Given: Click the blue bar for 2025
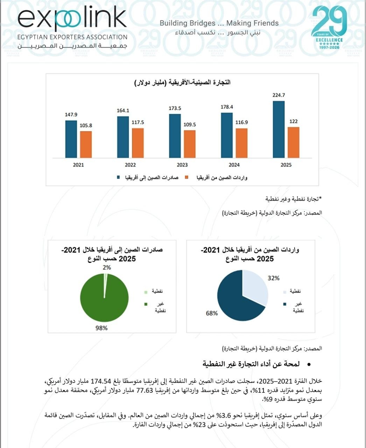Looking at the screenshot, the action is (x=279, y=129).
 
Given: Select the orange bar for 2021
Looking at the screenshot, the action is (x=86, y=145).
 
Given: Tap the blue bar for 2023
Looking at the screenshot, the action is (x=175, y=136).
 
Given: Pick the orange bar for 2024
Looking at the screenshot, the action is (x=241, y=143).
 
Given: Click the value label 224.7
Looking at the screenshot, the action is (x=279, y=95).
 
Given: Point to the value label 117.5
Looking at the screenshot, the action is (x=138, y=122).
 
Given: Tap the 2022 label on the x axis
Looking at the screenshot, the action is (x=130, y=164).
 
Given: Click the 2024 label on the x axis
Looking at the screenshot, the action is (x=234, y=164).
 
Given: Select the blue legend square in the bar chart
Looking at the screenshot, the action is (x=118, y=177).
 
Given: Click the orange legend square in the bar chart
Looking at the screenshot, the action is (x=186, y=177).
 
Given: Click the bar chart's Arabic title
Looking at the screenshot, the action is (x=182, y=82).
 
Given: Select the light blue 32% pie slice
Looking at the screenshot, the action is (x=255, y=286).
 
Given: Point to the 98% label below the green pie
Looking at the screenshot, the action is (x=101, y=328).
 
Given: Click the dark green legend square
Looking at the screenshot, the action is (x=146, y=304).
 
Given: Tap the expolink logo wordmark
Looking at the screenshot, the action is (x=72, y=19).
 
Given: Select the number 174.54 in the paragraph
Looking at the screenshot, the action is (x=101, y=381).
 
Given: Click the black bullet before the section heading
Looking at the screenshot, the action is (x=309, y=365).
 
